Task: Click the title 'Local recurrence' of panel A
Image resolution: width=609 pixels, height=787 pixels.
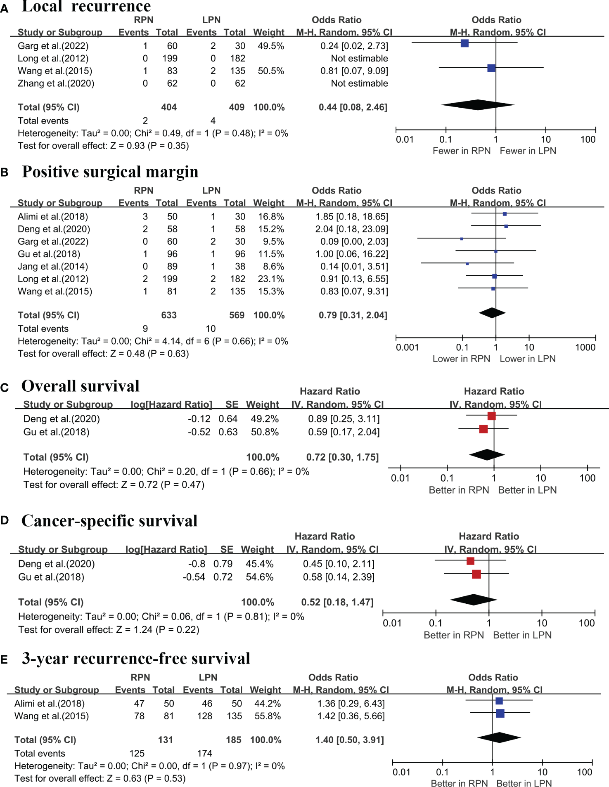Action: pos(86,6)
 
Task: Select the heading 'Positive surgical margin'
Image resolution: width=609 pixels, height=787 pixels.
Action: pos(110,172)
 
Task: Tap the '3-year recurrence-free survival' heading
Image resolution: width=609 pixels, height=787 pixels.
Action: pos(136,658)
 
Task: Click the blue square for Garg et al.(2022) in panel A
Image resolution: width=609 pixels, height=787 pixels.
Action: pos(464,43)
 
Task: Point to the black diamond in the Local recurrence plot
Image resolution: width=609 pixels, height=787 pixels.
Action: pos(478,105)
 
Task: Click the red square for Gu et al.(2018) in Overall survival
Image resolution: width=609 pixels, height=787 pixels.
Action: pos(483,429)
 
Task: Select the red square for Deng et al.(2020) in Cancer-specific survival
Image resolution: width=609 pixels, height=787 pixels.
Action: pos(470,561)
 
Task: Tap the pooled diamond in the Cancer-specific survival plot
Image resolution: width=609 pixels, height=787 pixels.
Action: pos(474,600)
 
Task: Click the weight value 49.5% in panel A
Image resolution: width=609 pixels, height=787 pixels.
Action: pos(271,46)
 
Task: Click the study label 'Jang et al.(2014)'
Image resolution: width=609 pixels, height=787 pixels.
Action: pos(53,267)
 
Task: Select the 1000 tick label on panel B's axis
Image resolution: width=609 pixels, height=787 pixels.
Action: pos(585,347)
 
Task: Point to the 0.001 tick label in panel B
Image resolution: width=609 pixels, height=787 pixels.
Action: pos(407,347)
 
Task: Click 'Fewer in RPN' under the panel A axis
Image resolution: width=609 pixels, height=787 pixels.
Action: pos(461,151)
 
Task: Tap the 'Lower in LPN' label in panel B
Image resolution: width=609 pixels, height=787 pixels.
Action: pos(527,359)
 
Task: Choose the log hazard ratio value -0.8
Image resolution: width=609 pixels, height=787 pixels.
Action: pos(197,564)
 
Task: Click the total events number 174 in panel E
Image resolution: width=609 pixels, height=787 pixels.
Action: pos(205,754)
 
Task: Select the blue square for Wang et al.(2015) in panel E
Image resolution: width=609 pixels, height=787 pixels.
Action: pos(500,713)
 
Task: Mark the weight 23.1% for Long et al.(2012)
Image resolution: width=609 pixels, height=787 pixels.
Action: pos(271,279)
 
